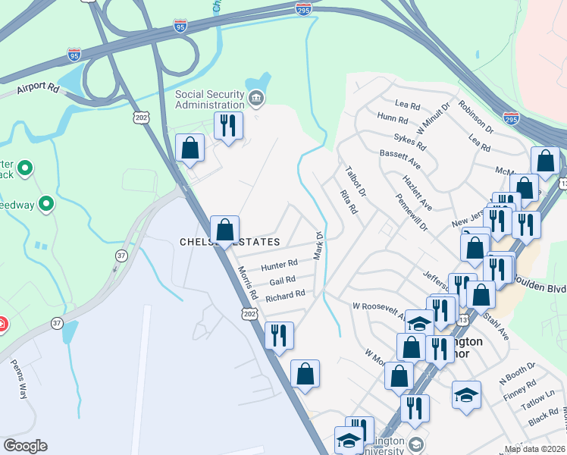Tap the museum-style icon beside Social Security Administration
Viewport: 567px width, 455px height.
pos(256,99)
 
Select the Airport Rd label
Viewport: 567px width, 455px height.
pos(39,88)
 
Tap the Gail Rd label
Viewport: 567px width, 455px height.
pos(282,281)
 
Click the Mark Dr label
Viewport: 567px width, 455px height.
pos(319,244)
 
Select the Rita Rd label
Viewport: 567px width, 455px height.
pos(348,202)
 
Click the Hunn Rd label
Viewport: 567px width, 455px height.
pos(393,117)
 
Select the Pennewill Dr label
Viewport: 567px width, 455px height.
pos(412,216)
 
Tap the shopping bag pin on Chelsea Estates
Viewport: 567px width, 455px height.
pos(224,229)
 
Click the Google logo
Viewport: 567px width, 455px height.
pos(25,446)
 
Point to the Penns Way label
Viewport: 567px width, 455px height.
pos(18,378)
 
